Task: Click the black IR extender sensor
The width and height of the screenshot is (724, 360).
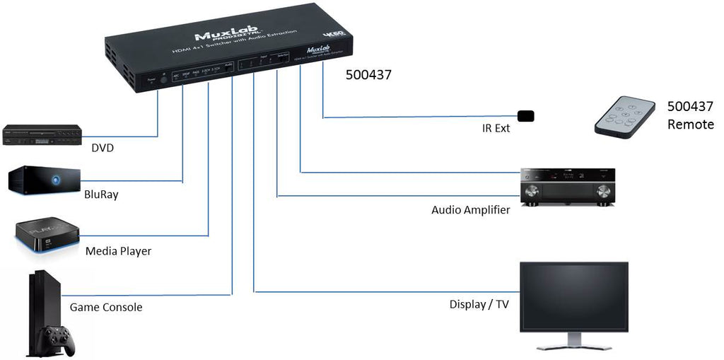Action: coord(526,115)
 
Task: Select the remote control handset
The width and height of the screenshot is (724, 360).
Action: coord(624,117)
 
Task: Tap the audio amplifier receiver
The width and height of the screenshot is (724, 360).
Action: coord(568,187)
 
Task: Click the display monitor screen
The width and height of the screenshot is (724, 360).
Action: coord(573,296)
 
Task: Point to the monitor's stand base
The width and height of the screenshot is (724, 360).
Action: coord(574,346)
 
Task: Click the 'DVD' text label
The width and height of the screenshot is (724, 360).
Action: coord(103,148)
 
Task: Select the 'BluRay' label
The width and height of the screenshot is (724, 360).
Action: coord(101,194)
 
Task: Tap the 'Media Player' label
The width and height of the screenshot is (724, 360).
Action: coord(118,251)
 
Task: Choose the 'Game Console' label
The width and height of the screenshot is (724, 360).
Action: coord(106,307)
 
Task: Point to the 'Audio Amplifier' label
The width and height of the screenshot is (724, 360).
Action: coord(470,210)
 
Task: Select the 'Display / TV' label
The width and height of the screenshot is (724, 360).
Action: coord(479,305)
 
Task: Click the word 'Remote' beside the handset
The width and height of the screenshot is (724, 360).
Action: coord(691,124)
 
